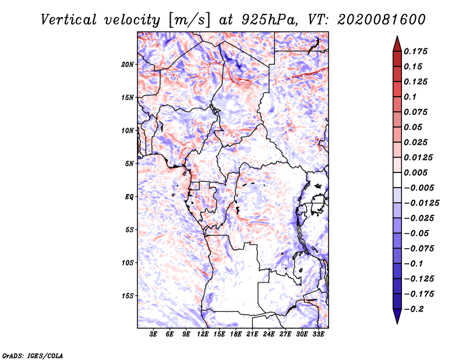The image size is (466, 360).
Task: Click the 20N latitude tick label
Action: (128, 65)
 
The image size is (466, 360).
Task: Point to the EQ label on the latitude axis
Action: (129, 197)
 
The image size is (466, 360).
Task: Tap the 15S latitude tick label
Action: (128, 296)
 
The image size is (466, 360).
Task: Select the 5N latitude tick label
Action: (129, 164)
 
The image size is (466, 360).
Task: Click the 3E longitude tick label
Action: (153, 334)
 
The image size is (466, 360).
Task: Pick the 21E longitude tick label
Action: (252, 334)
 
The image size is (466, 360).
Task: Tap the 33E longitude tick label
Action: (318, 334)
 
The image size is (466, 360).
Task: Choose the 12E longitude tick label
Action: (202, 334)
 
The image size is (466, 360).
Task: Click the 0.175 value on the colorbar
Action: (416, 51)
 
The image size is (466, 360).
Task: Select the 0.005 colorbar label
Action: (416, 172)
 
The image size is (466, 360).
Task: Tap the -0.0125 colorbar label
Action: (421, 203)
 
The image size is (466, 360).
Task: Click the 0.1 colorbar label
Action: (410, 97)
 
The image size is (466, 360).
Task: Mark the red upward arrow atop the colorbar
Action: (397, 44)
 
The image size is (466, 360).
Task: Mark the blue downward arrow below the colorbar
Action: (397, 316)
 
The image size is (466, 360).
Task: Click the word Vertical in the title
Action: (69, 20)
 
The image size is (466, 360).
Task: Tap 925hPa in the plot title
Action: (270, 20)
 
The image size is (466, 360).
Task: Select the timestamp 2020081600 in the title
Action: (382, 20)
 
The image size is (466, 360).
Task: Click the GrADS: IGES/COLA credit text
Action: (33, 355)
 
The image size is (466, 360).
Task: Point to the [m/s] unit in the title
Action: (189, 20)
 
